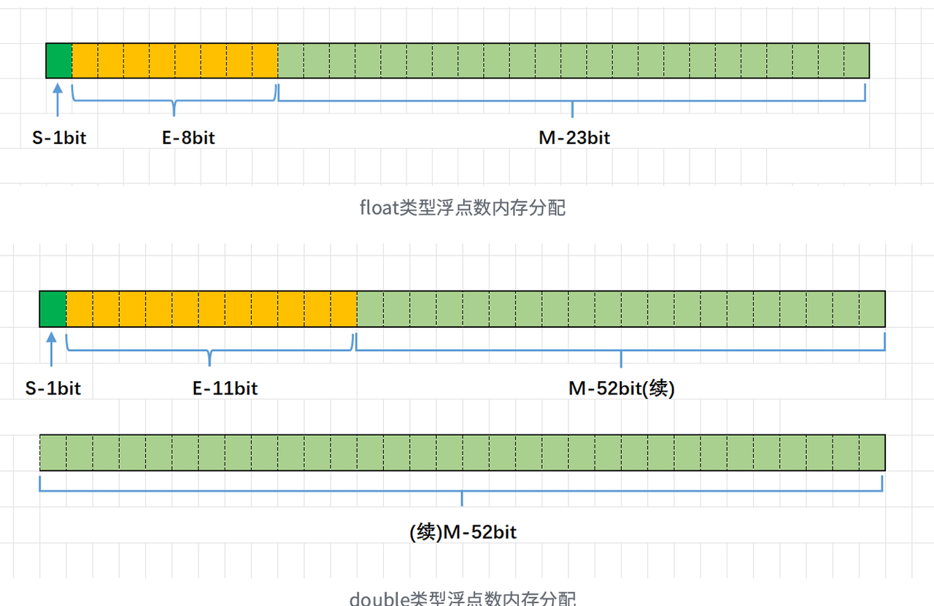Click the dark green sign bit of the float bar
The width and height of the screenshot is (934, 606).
[x=59, y=60]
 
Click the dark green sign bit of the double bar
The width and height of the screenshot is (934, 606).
[x=53, y=309]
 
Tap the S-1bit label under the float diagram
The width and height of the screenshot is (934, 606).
[x=59, y=137]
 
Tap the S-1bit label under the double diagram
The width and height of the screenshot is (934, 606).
[x=53, y=388]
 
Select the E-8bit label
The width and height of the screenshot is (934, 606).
[x=188, y=137]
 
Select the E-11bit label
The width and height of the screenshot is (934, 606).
[x=225, y=388]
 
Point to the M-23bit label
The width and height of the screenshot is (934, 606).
[x=574, y=137]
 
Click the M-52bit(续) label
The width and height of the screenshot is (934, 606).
[x=622, y=388]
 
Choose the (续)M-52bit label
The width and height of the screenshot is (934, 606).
[x=463, y=532]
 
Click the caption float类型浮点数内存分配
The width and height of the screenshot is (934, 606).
[x=463, y=208]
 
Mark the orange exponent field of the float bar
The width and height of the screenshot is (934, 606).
[x=175, y=60]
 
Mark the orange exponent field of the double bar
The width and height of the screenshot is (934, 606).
[x=212, y=309]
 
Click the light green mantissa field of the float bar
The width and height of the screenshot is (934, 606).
[x=574, y=60]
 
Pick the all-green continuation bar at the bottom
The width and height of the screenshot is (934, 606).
[x=463, y=453]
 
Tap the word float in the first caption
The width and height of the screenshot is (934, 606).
[x=378, y=208]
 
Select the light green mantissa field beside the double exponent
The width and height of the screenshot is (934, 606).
[x=621, y=309]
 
